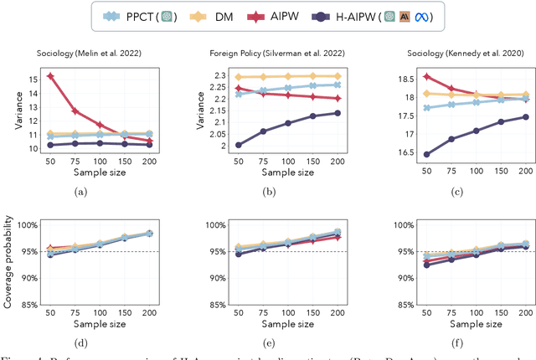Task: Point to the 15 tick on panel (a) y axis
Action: click(32, 79)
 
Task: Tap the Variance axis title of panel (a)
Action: click(9, 114)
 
